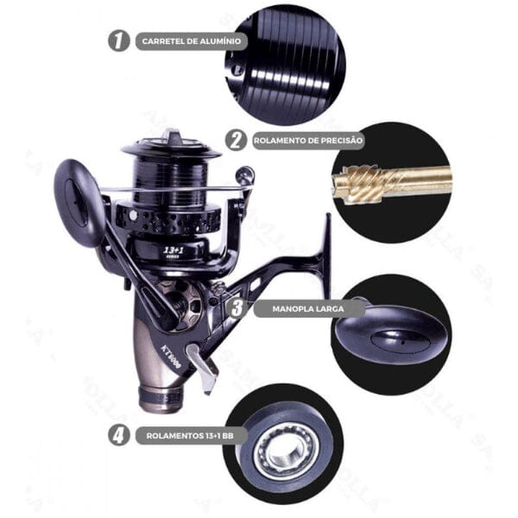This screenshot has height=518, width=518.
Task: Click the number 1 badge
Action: tap(119, 41)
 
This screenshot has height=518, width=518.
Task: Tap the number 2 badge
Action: tap(235, 140)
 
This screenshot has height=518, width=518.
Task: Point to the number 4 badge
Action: tap(119, 435)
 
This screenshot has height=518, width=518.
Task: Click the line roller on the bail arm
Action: tap(244, 178)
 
